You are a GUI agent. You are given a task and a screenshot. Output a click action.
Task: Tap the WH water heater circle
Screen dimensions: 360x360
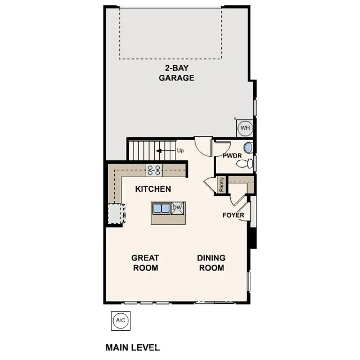coord(245,128)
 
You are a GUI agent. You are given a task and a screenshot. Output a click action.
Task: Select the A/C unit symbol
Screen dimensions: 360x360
coord(120,321)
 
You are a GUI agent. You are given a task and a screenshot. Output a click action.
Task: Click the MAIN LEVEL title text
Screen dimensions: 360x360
coord(133,348)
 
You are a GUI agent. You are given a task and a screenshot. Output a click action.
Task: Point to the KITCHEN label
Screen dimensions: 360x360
coord(153,189)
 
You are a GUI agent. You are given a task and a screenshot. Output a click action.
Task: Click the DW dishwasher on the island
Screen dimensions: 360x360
coord(177,208)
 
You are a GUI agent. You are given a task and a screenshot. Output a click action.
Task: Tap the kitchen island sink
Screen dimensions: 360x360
coord(161,208)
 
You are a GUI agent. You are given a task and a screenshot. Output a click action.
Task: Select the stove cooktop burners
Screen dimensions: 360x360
coord(154,169)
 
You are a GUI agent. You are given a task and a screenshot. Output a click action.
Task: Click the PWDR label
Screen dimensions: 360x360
coord(232,155)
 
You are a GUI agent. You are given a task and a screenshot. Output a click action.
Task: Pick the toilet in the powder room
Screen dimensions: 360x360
coord(244,164)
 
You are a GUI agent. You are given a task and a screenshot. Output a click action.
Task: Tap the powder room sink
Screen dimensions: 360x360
coord(249,147)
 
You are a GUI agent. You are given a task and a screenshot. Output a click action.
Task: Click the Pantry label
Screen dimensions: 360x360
coord(222,184)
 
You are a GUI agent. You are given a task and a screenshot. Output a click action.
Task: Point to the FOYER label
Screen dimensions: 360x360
coord(233,215)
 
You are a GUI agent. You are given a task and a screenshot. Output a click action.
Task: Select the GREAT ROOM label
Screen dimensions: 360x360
coord(145,263)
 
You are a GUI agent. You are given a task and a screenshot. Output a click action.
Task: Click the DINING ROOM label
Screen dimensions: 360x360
coord(211,263)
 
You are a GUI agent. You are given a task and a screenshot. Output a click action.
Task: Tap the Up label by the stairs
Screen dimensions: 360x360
coord(180,151)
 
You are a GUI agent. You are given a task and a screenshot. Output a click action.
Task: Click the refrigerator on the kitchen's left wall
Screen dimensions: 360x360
coord(115,213)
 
